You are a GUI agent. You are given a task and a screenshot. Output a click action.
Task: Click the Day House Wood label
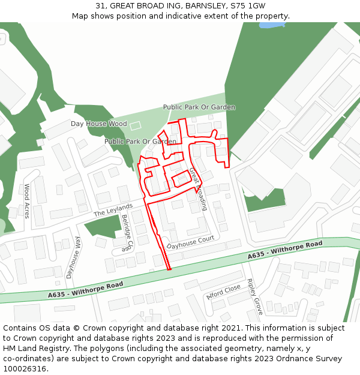click(x=98, y=124)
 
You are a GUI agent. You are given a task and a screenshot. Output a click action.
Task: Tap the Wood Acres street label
click(x=26, y=201)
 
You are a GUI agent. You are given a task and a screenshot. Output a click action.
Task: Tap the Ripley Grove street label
click(x=255, y=297)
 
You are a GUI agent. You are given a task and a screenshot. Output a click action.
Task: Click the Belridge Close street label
click(x=127, y=233)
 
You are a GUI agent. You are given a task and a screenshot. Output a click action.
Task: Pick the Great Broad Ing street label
click(x=199, y=189)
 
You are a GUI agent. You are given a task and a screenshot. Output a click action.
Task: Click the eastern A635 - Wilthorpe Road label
click(x=285, y=251)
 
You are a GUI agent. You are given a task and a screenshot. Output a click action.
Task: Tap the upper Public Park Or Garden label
click(x=199, y=107)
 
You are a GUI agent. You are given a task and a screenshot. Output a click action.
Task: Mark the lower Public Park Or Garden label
click(x=140, y=142)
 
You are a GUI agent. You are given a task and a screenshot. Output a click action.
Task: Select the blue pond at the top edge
click(x=271, y=25)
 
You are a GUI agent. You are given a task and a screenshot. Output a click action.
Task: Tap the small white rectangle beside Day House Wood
click(x=135, y=125)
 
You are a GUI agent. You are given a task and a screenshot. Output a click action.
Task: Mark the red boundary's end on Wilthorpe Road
click(x=169, y=269)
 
